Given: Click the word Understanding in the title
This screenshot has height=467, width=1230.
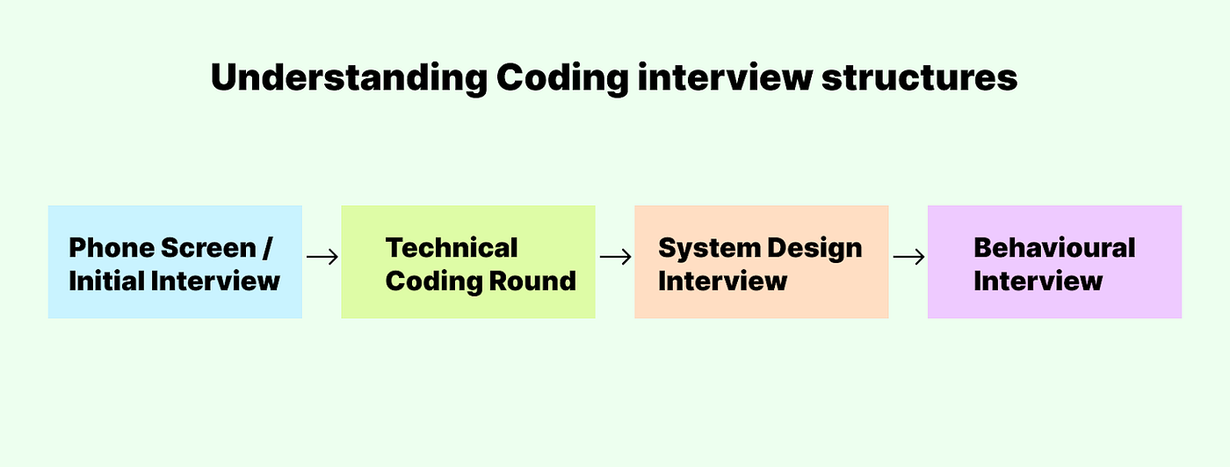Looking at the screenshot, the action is (349, 78).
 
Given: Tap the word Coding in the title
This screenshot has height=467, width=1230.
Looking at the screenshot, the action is (562, 78).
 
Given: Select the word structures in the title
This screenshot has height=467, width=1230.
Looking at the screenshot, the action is (919, 77).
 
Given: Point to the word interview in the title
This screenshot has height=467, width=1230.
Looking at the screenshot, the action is (725, 77).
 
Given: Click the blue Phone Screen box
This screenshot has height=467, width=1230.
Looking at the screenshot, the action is (175, 262).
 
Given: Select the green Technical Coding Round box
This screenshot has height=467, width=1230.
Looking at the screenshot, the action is (468, 262).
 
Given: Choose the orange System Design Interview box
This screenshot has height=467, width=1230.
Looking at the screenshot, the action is (762, 262).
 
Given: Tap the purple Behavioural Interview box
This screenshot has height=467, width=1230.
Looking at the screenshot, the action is (1055, 262).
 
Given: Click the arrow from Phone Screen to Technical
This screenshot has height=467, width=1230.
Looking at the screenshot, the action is (322, 257).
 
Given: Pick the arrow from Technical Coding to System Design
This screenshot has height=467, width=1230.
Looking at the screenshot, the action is (616, 257).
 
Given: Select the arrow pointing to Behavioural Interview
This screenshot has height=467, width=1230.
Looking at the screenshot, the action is (908, 257).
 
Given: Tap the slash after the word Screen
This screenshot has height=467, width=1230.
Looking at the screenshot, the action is (267, 248).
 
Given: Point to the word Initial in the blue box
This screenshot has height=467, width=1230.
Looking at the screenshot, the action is (106, 281).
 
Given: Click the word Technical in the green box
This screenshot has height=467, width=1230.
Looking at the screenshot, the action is (452, 248).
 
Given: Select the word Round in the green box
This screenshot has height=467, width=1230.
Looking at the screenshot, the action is (532, 281).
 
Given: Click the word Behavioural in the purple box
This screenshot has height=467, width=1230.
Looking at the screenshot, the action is (1054, 248).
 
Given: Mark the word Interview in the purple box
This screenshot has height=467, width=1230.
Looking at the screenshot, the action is (1038, 281).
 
